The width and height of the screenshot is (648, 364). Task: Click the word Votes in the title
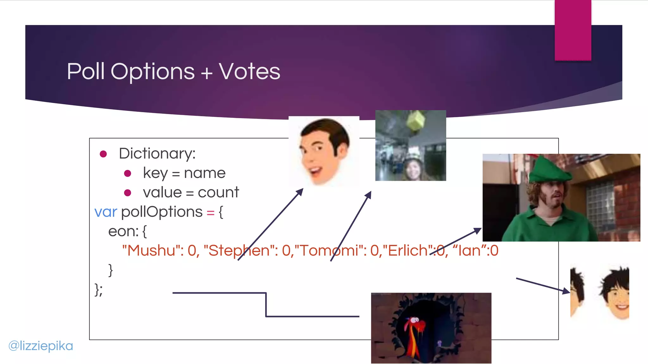coord(249,71)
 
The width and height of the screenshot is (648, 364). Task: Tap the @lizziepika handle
coord(41,346)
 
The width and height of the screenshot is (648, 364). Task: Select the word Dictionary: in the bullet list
coord(157,154)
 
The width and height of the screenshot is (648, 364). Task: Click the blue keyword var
coord(106,212)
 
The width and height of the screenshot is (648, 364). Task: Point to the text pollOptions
coord(162,212)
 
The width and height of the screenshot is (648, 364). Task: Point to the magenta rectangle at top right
coord(573,30)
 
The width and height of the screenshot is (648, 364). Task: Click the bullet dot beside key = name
coord(128,173)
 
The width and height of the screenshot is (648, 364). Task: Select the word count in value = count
coord(218,192)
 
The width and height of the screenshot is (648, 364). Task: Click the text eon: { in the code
coord(127,231)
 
